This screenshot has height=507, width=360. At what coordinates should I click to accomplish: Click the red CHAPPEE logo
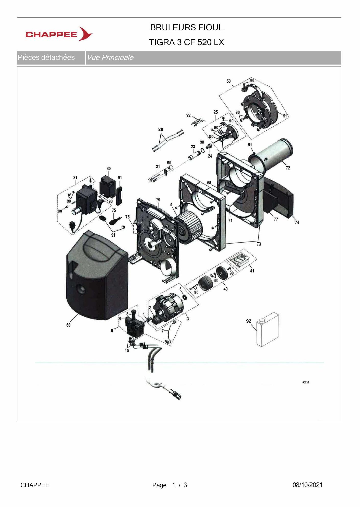pos(59,34)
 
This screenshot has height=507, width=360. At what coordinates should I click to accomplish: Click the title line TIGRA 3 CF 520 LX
pos(186,42)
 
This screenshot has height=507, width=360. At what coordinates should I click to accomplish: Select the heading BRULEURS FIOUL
pos(186,27)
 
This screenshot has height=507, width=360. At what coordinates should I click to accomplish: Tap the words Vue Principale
pos(110,57)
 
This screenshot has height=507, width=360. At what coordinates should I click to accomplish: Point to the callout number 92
pos(249,321)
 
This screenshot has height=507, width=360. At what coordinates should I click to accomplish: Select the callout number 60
pos(68,325)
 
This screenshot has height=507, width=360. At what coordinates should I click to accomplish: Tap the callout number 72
pos(288,168)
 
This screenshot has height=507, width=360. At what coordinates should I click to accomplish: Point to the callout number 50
pos(229,81)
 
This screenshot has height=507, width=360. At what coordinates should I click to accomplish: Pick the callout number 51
pos(285,116)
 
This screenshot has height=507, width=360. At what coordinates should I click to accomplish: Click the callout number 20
pos(161,129)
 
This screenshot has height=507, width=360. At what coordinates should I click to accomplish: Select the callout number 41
pos(252,271)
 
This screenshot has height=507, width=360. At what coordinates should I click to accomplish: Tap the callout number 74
pos(297,222)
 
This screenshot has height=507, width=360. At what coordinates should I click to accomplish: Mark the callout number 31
pos(75,177)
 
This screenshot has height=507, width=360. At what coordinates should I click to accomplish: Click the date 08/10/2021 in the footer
pos(307,485)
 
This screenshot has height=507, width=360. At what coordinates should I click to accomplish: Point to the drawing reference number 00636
pos(305,382)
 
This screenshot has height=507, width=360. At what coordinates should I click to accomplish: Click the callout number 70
pos(158,199)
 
